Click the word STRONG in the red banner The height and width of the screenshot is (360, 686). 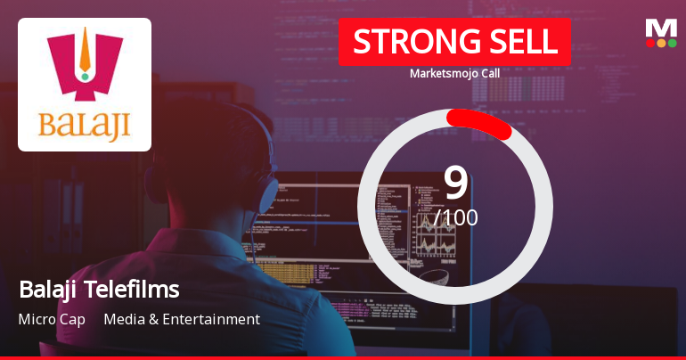pyautogui.click(x=404, y=42)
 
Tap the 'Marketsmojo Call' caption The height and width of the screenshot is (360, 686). pyautogui.click(x=454, y=73)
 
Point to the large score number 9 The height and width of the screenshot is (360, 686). pyautogui.click(x=455, y=182)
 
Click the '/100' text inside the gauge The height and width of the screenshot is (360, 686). pyautogui.click(x=456, y=217)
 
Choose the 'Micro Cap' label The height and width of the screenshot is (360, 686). pyautogui.click(x=52, y=319)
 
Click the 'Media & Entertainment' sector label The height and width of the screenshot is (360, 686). pyautogui.click(x=182, y=319)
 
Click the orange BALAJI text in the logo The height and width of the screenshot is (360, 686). pyautogui.click(x=85, y=121)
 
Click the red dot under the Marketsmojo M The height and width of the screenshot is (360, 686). pyautogui.click(x=650, y=43)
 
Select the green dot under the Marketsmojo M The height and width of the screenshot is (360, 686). pyautogui.click(x=672, y=43)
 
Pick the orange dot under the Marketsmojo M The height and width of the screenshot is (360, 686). pyautogui.click(x=661, y=43)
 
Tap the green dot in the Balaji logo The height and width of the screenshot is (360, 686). pyautogui.click(x=85, y=77)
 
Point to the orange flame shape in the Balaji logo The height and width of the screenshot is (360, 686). pyautogui.click(x=85, y=50)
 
